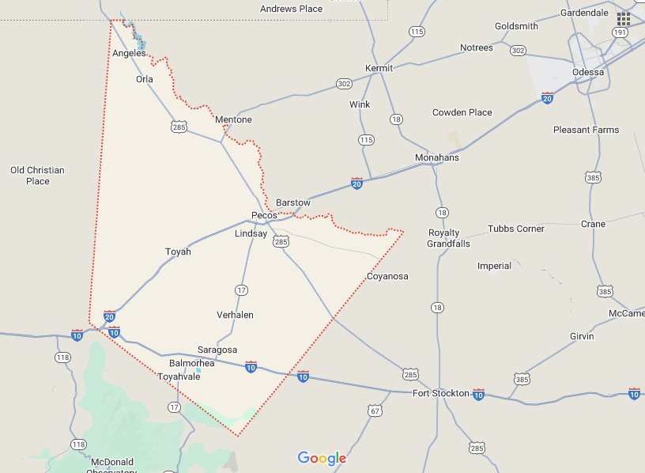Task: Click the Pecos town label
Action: coord(264,215)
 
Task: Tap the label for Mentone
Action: coord(233,120)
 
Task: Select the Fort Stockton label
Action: coord(441,393)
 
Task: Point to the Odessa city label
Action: coord(588,72)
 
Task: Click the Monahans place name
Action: coord(437,158)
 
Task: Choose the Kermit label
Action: coord(379,68)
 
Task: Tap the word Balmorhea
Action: coord(192,364)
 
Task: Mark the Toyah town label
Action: coord(178,252)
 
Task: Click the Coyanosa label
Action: coord(387,276)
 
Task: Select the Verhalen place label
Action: coord(235,315)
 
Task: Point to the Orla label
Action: coord(144,79)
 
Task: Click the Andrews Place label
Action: coord(292,9)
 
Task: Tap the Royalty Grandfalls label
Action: coord(449,238)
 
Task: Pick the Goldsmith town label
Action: coord(516,26)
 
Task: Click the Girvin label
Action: coord(581,336)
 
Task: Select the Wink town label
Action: coord(360,104)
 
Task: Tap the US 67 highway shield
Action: coord(375,410)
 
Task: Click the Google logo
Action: coord(322,458)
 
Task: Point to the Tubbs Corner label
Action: coord(516,229)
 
